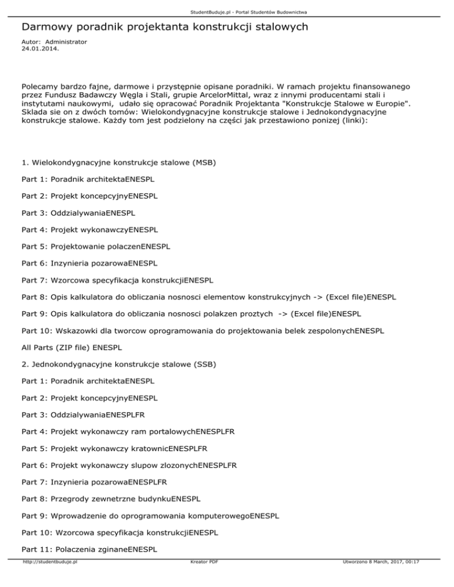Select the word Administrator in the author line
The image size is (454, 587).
click(66, 42)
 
